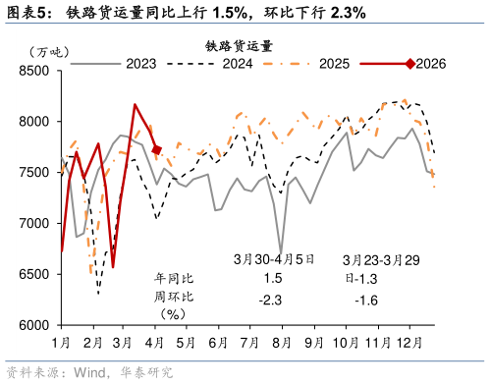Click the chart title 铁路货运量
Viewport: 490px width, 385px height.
[239, 45]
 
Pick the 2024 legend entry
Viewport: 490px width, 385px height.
[237, 64]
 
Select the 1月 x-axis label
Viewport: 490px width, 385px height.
[61, 342]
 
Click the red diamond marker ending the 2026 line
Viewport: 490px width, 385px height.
[157, 150]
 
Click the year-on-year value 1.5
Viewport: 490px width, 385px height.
[274, 279]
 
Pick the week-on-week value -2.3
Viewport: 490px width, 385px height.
[273, 299]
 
